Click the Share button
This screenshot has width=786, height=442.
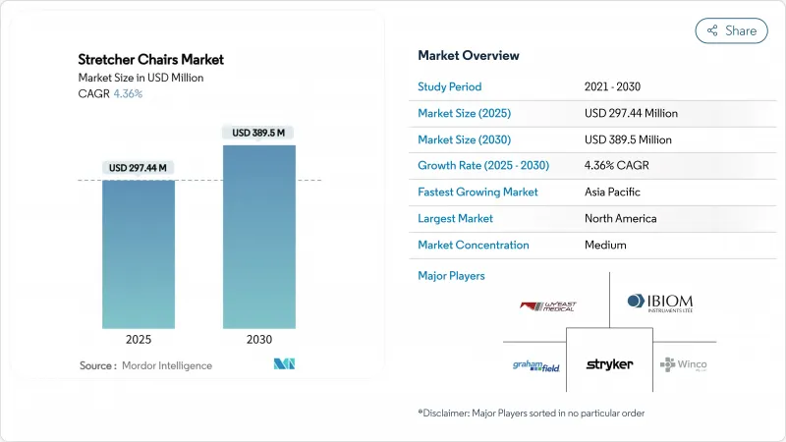732,30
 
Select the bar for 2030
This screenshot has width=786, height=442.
259,236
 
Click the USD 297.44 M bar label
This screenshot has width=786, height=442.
139,168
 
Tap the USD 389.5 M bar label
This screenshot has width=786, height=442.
259,133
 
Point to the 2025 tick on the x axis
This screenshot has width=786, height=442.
139,339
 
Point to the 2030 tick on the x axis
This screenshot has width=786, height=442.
259,339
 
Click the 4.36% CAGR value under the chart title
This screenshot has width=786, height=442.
127,93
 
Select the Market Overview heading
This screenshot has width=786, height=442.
469,55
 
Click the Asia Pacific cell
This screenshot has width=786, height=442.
612,192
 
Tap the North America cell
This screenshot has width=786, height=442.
620,218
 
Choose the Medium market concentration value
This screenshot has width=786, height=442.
605,245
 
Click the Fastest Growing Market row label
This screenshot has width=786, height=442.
477,192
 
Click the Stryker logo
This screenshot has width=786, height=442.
609,364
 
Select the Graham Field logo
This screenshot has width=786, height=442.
536,365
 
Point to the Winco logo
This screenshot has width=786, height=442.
684,364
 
